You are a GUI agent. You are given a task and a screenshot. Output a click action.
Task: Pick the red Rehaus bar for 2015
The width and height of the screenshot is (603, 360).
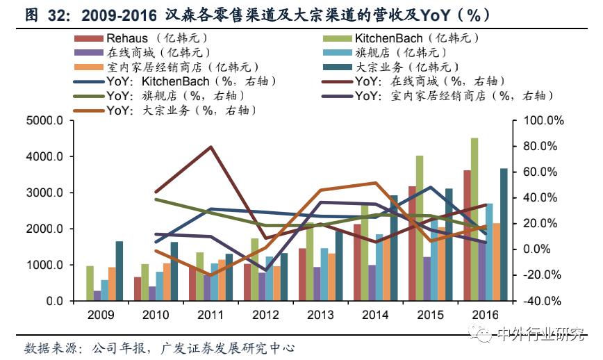pos(412,243)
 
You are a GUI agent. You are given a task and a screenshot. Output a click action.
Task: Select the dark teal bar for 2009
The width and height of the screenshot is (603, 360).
pos(119,271)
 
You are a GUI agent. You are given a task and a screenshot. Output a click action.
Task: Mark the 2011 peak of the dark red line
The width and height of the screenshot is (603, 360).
pos(210,147)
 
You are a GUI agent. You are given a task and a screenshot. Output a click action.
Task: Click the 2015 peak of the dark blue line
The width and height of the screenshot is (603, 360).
pos(430,188)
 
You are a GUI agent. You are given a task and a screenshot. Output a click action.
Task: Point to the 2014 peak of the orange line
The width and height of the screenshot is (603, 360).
pos(375,183)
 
